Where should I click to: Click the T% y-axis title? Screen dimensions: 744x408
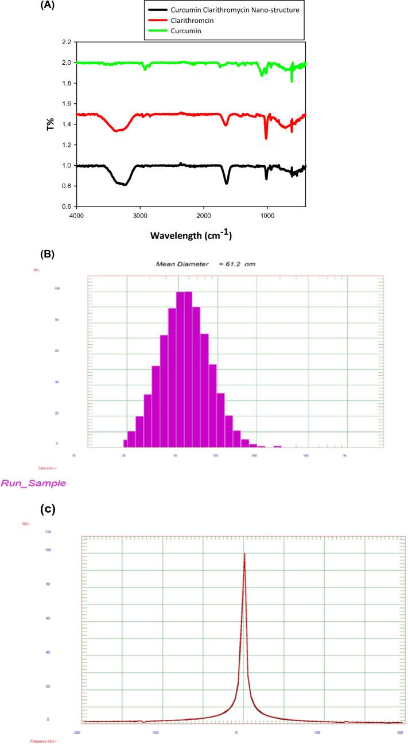50,124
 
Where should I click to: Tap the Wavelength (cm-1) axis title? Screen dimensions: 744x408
191,235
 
